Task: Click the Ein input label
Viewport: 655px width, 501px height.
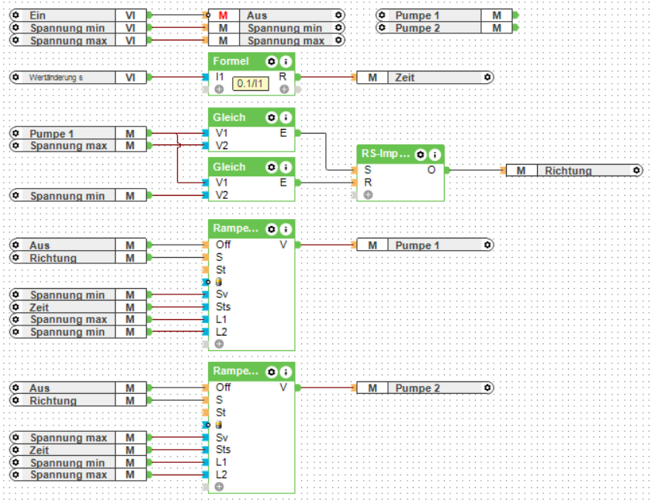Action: (x=36, y=16)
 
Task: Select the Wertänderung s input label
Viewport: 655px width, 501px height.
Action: (x=56, y=78)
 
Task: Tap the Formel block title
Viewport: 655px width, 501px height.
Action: (x=231, y=61)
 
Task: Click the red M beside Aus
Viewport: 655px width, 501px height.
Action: (x=223, y=16)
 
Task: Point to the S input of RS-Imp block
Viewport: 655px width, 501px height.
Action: (x=367, y=169)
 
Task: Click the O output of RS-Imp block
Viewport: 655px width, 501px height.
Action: (x=431, y=169)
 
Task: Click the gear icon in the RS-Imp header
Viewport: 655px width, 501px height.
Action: (x=420, y=154)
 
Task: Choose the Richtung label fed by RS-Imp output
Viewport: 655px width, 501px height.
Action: (x=568, y=171)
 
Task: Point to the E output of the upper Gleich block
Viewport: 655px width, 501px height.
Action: (x=283, y=133)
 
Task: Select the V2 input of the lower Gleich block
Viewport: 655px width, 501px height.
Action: (x=222, y=195)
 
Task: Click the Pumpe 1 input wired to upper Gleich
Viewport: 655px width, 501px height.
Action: (x=52, y=134)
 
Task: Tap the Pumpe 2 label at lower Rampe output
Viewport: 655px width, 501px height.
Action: (x=418, y=388)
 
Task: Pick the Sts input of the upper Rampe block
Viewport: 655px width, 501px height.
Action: (x=223, y=307)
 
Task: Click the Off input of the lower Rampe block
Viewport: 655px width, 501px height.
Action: (x=223, y=387)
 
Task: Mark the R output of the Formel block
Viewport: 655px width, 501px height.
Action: (x=282, y=77)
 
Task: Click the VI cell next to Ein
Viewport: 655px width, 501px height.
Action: (x=130, y=16)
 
